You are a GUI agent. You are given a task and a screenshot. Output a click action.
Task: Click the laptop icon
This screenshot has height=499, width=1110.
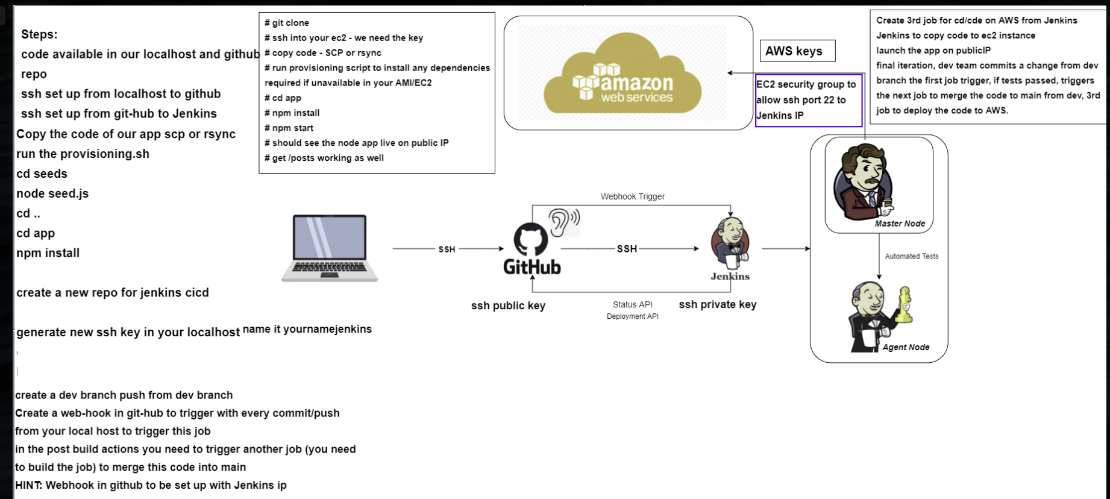click(330, 248)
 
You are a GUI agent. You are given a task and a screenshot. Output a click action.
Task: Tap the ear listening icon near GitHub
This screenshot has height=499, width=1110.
click(563, 222)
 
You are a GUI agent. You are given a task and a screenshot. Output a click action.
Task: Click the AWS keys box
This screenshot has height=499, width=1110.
click(797, 51)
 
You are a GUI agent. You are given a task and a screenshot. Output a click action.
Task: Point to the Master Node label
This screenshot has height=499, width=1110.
click(900, 224)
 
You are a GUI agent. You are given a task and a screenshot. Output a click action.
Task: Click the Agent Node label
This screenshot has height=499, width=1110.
click(906, 347)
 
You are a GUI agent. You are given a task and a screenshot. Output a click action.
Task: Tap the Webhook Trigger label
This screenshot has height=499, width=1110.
click(632, 196)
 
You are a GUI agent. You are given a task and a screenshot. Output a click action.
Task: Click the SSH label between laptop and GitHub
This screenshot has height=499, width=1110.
click(447, 249)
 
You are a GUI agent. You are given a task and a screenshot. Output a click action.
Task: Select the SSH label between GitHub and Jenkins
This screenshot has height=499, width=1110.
click(627, 248)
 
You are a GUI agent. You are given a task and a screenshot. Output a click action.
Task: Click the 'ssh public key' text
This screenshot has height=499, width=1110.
click(508, 306)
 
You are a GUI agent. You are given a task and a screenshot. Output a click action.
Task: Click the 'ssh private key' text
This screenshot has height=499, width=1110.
click(717, 304)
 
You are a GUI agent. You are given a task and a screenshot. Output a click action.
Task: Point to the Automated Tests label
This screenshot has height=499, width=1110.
click(911, 256)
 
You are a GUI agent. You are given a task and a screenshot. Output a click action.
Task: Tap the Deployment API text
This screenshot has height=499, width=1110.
click(632, 316)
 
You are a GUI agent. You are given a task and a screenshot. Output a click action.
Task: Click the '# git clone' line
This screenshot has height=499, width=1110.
click(287, 23)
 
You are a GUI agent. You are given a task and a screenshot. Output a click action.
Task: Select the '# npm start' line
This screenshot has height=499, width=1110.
click(289, 128)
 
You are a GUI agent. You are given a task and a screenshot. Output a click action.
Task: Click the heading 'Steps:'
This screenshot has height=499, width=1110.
click(39, 34)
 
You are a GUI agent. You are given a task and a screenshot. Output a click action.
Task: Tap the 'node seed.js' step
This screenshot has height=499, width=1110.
click(52, 193)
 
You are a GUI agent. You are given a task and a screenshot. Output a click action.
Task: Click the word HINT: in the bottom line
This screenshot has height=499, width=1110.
click(28, 485)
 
